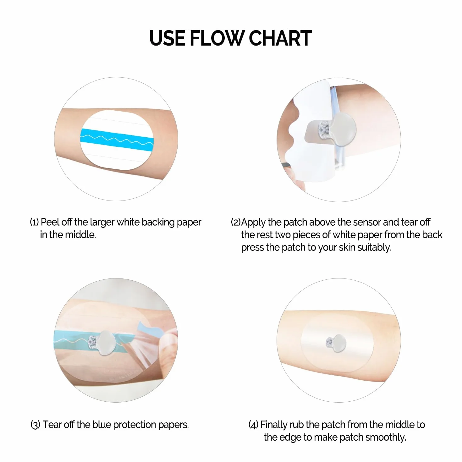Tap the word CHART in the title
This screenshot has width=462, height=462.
[x=281, y=38]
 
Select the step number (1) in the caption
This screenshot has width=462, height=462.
[x=34, y=222]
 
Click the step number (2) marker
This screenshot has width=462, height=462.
[x=236, y=222]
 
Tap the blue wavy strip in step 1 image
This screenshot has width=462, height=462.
[x=117, y=140]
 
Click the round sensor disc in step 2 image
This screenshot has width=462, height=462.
[x=343, y=129]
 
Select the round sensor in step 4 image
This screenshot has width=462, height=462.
[x=339, y=343]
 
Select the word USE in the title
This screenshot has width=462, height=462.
[x=167, y=38]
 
